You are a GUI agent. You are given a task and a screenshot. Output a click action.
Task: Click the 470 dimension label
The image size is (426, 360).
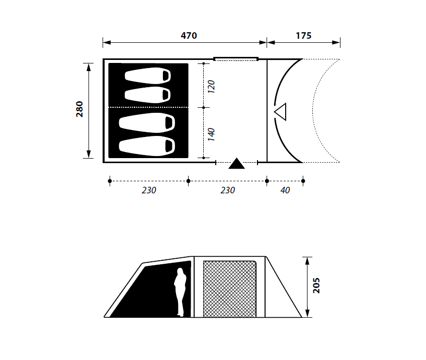189,36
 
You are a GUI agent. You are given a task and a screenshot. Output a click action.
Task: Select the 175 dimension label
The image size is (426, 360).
303,36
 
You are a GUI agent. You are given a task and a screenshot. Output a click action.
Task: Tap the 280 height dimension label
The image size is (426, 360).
79,109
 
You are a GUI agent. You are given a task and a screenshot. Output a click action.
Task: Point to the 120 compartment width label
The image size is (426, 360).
211,87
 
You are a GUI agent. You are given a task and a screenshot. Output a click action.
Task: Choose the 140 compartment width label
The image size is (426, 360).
211,134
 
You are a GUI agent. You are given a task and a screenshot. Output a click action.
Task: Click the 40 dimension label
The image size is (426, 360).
285,190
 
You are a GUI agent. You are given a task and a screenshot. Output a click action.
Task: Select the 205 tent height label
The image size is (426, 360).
316,285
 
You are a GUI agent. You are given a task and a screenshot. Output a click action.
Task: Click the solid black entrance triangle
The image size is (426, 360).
236,164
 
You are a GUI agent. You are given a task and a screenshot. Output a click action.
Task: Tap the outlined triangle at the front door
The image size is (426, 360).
281,111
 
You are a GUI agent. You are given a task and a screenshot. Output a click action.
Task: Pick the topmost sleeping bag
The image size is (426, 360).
148,76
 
